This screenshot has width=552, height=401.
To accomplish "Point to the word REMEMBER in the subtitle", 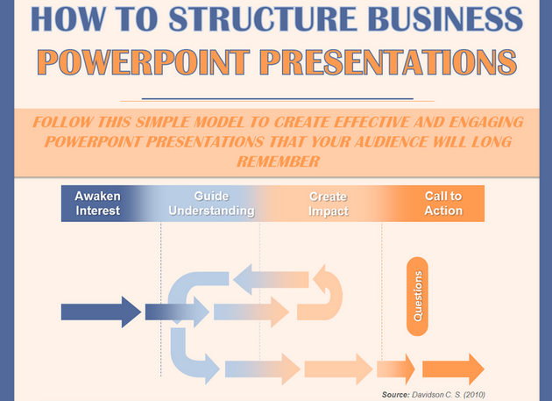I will point(276,161).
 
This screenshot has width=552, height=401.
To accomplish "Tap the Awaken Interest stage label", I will point(97,204).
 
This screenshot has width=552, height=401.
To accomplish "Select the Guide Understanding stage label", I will point(211,204).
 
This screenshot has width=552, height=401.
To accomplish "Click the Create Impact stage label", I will point(328,204).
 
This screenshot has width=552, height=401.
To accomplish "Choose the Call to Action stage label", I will point(443,204).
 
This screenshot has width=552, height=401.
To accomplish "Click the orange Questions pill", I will point(418,296).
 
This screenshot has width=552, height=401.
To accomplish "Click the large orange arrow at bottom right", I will point(453,369).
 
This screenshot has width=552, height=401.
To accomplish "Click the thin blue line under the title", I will point(276,97).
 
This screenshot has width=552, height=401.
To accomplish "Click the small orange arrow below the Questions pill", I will point(396,369).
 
